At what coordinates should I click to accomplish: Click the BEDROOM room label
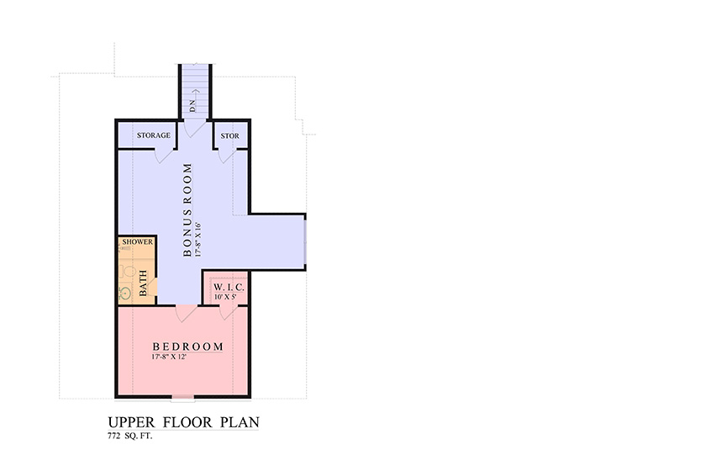coord(187,347)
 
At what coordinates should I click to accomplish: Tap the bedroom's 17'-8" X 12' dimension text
coord(169,357)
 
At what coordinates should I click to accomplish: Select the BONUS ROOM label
coord(187,209)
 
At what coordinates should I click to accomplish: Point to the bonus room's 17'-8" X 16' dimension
coord(198,240)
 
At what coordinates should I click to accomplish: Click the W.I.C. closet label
coord(229,287)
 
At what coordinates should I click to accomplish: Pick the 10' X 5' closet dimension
coord(225,297)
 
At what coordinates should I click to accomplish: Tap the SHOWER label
coord(137,241)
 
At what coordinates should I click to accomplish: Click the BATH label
coord(143,283)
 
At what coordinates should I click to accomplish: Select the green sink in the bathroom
coord(124,293)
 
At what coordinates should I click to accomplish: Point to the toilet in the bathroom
coord(128,272)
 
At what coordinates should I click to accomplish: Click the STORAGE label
coord(154,135)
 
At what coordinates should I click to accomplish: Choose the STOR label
coord(229,135)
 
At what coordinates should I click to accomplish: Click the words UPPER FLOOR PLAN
coord(184,422)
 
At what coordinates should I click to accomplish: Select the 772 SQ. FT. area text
coord(129,436)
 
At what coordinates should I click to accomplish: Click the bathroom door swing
coord(152,287)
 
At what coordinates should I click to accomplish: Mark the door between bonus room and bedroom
coord(186,313)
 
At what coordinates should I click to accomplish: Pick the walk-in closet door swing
coord(228,312)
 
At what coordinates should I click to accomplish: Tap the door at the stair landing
coord(194,128)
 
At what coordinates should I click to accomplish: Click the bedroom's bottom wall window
coord(183,398)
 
